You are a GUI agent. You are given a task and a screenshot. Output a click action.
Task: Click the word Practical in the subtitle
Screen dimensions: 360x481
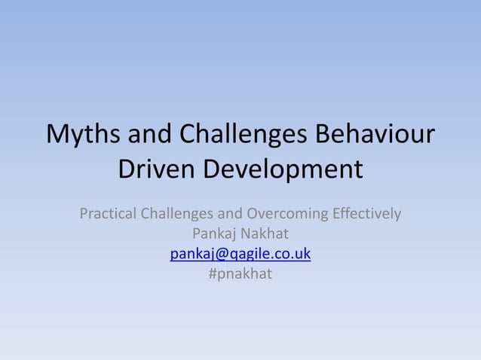(x=109, y=214)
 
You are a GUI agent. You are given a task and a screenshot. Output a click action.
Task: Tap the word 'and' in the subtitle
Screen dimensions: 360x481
(x=228, y=214)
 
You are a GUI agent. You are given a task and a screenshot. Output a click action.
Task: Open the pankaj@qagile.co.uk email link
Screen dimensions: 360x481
(x=240, y=254)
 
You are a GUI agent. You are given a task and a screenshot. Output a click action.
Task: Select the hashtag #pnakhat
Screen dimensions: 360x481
(x=240, y=274)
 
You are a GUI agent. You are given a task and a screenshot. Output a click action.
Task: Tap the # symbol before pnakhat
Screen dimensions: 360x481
(x=213, y=274)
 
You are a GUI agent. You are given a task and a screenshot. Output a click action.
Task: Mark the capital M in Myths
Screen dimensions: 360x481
(x=57, y=136)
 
